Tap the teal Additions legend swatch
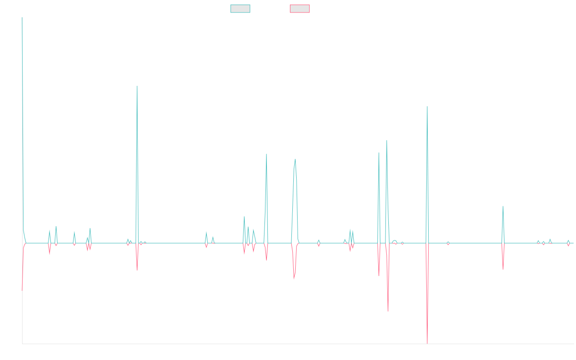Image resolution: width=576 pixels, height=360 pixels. coord(240,9)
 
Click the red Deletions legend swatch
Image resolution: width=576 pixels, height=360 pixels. coord(300,9)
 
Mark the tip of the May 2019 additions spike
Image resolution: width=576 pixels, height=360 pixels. coord(137,86)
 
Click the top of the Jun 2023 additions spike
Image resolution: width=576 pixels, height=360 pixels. coord(427,107)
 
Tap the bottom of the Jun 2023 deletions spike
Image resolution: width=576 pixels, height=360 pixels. coord(427,344)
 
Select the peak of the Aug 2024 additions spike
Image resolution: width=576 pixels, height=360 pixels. coord(503,207)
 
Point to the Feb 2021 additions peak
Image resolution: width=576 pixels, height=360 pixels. coord(266,154)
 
